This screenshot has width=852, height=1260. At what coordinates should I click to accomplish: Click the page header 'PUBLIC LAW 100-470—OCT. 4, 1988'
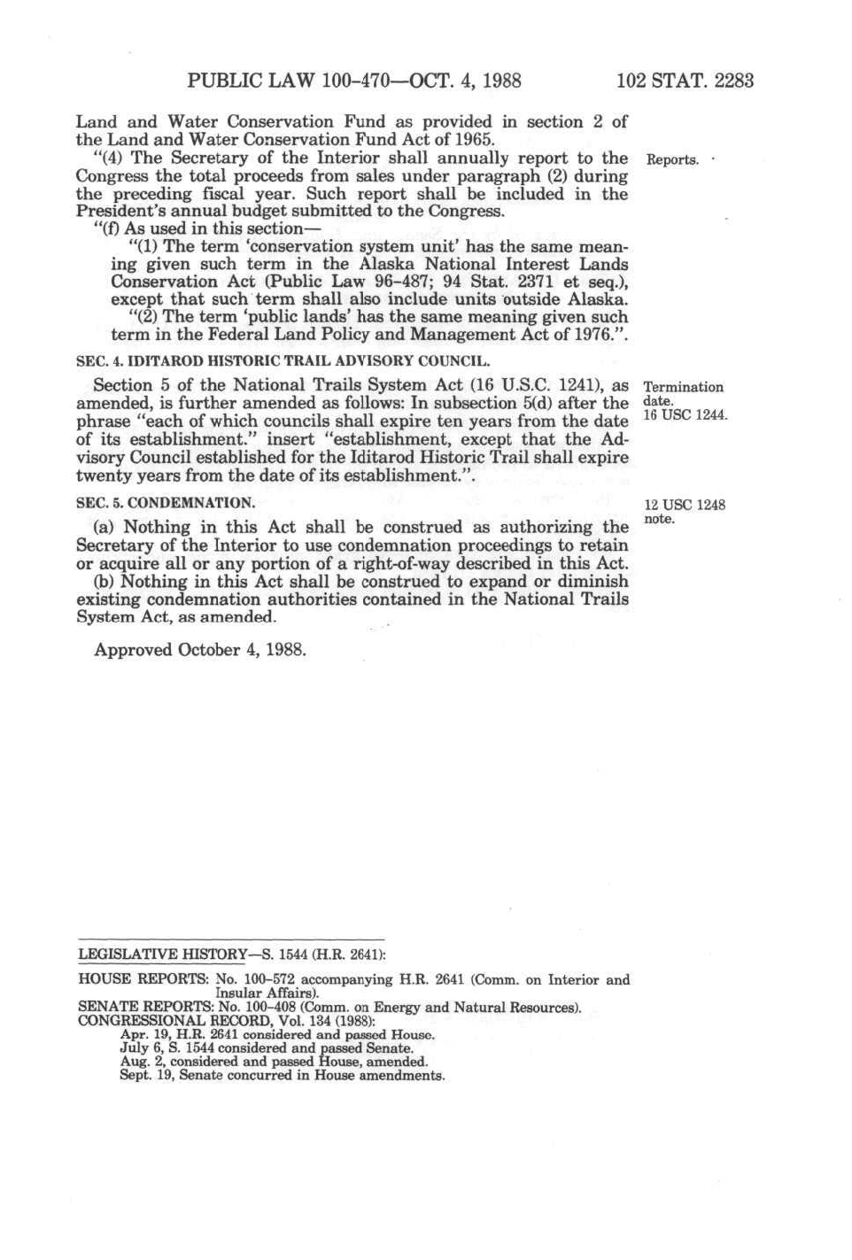pos(354,81)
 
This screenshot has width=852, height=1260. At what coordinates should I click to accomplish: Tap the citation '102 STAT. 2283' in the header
pos(685,81)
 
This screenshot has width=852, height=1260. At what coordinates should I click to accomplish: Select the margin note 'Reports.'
pos(672,160)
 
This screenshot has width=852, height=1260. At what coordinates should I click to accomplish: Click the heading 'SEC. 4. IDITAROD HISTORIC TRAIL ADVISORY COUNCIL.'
pos(283,362)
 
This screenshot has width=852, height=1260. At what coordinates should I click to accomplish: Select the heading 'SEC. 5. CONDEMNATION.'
pos(166,503)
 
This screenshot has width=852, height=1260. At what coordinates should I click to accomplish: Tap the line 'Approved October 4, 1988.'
pos(201,650)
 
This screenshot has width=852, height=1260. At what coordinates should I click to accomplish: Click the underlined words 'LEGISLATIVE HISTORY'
pos(162,955)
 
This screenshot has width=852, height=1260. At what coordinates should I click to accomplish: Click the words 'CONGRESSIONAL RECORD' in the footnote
pos(175,1021)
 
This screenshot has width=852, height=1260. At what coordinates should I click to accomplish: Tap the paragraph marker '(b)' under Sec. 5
pos(105,582)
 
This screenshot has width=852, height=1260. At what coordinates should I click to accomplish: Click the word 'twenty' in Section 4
pos(103,475)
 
